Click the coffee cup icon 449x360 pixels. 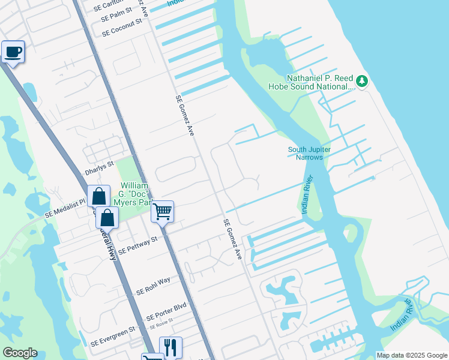pos(13,52)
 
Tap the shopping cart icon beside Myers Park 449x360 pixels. pos(162,211)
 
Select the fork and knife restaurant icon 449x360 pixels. pos(170,347)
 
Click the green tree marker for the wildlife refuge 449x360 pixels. pos(361,80)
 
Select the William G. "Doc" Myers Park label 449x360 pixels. pos(134,193)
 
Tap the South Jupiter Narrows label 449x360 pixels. pos(309,153)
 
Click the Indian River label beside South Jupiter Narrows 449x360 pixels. pos(307,194)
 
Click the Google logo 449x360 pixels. pos(20,353)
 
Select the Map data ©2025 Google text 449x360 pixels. pos(412,355)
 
